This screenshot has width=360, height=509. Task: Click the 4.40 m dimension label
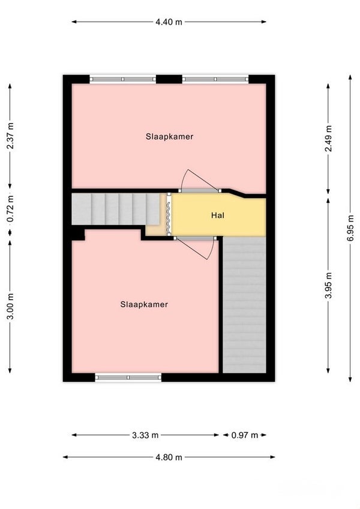[x=169, y=22]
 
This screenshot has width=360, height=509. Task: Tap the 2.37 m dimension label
[x=11, y=136]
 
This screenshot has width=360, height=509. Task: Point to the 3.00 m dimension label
[x=11, y=307]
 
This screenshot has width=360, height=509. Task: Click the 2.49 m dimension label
[x=329, y=138]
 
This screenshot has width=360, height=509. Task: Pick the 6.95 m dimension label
[x=350, y=228]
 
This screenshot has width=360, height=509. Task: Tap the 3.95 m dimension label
[x=329, y=285]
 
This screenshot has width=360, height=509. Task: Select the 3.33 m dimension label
[x=145, y=435]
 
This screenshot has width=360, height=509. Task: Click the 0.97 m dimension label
[x=244, y=435]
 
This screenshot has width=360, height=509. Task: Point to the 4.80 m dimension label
[x=169, y=457]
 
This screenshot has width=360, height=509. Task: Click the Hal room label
[x=217, y=215]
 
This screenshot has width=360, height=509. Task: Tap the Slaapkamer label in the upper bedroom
[x=169, y=137]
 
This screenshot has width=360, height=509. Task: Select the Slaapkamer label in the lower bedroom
[x=144, y=304]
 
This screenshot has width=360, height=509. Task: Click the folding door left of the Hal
[x=169, y=214]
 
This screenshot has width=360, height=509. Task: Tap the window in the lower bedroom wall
[x=128, y=378]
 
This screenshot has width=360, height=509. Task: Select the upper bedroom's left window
[x=123, y=79]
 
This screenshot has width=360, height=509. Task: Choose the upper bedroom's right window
[x=215, y=79]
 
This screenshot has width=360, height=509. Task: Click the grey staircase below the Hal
[x=244, y=305]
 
